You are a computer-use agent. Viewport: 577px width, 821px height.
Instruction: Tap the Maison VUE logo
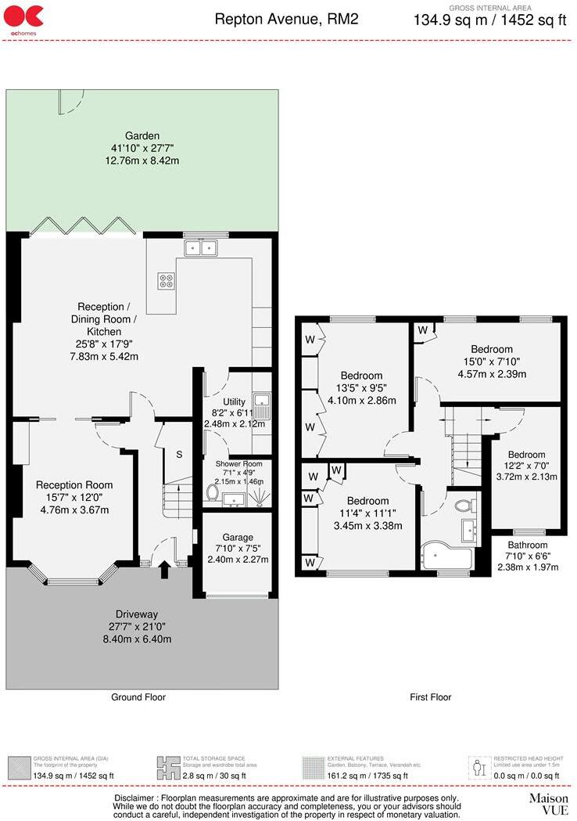point(548,803)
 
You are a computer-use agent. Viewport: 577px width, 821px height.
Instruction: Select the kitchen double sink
point(201,248)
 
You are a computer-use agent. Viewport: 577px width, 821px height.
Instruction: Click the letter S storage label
point(178,454)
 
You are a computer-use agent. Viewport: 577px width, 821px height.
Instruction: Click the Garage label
point(237,538)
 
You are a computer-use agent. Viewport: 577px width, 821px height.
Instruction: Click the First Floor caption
point(430,697)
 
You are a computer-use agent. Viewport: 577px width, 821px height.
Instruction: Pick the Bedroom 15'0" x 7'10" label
point(491,349)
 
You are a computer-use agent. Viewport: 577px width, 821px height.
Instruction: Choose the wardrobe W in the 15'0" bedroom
point(422,330)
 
